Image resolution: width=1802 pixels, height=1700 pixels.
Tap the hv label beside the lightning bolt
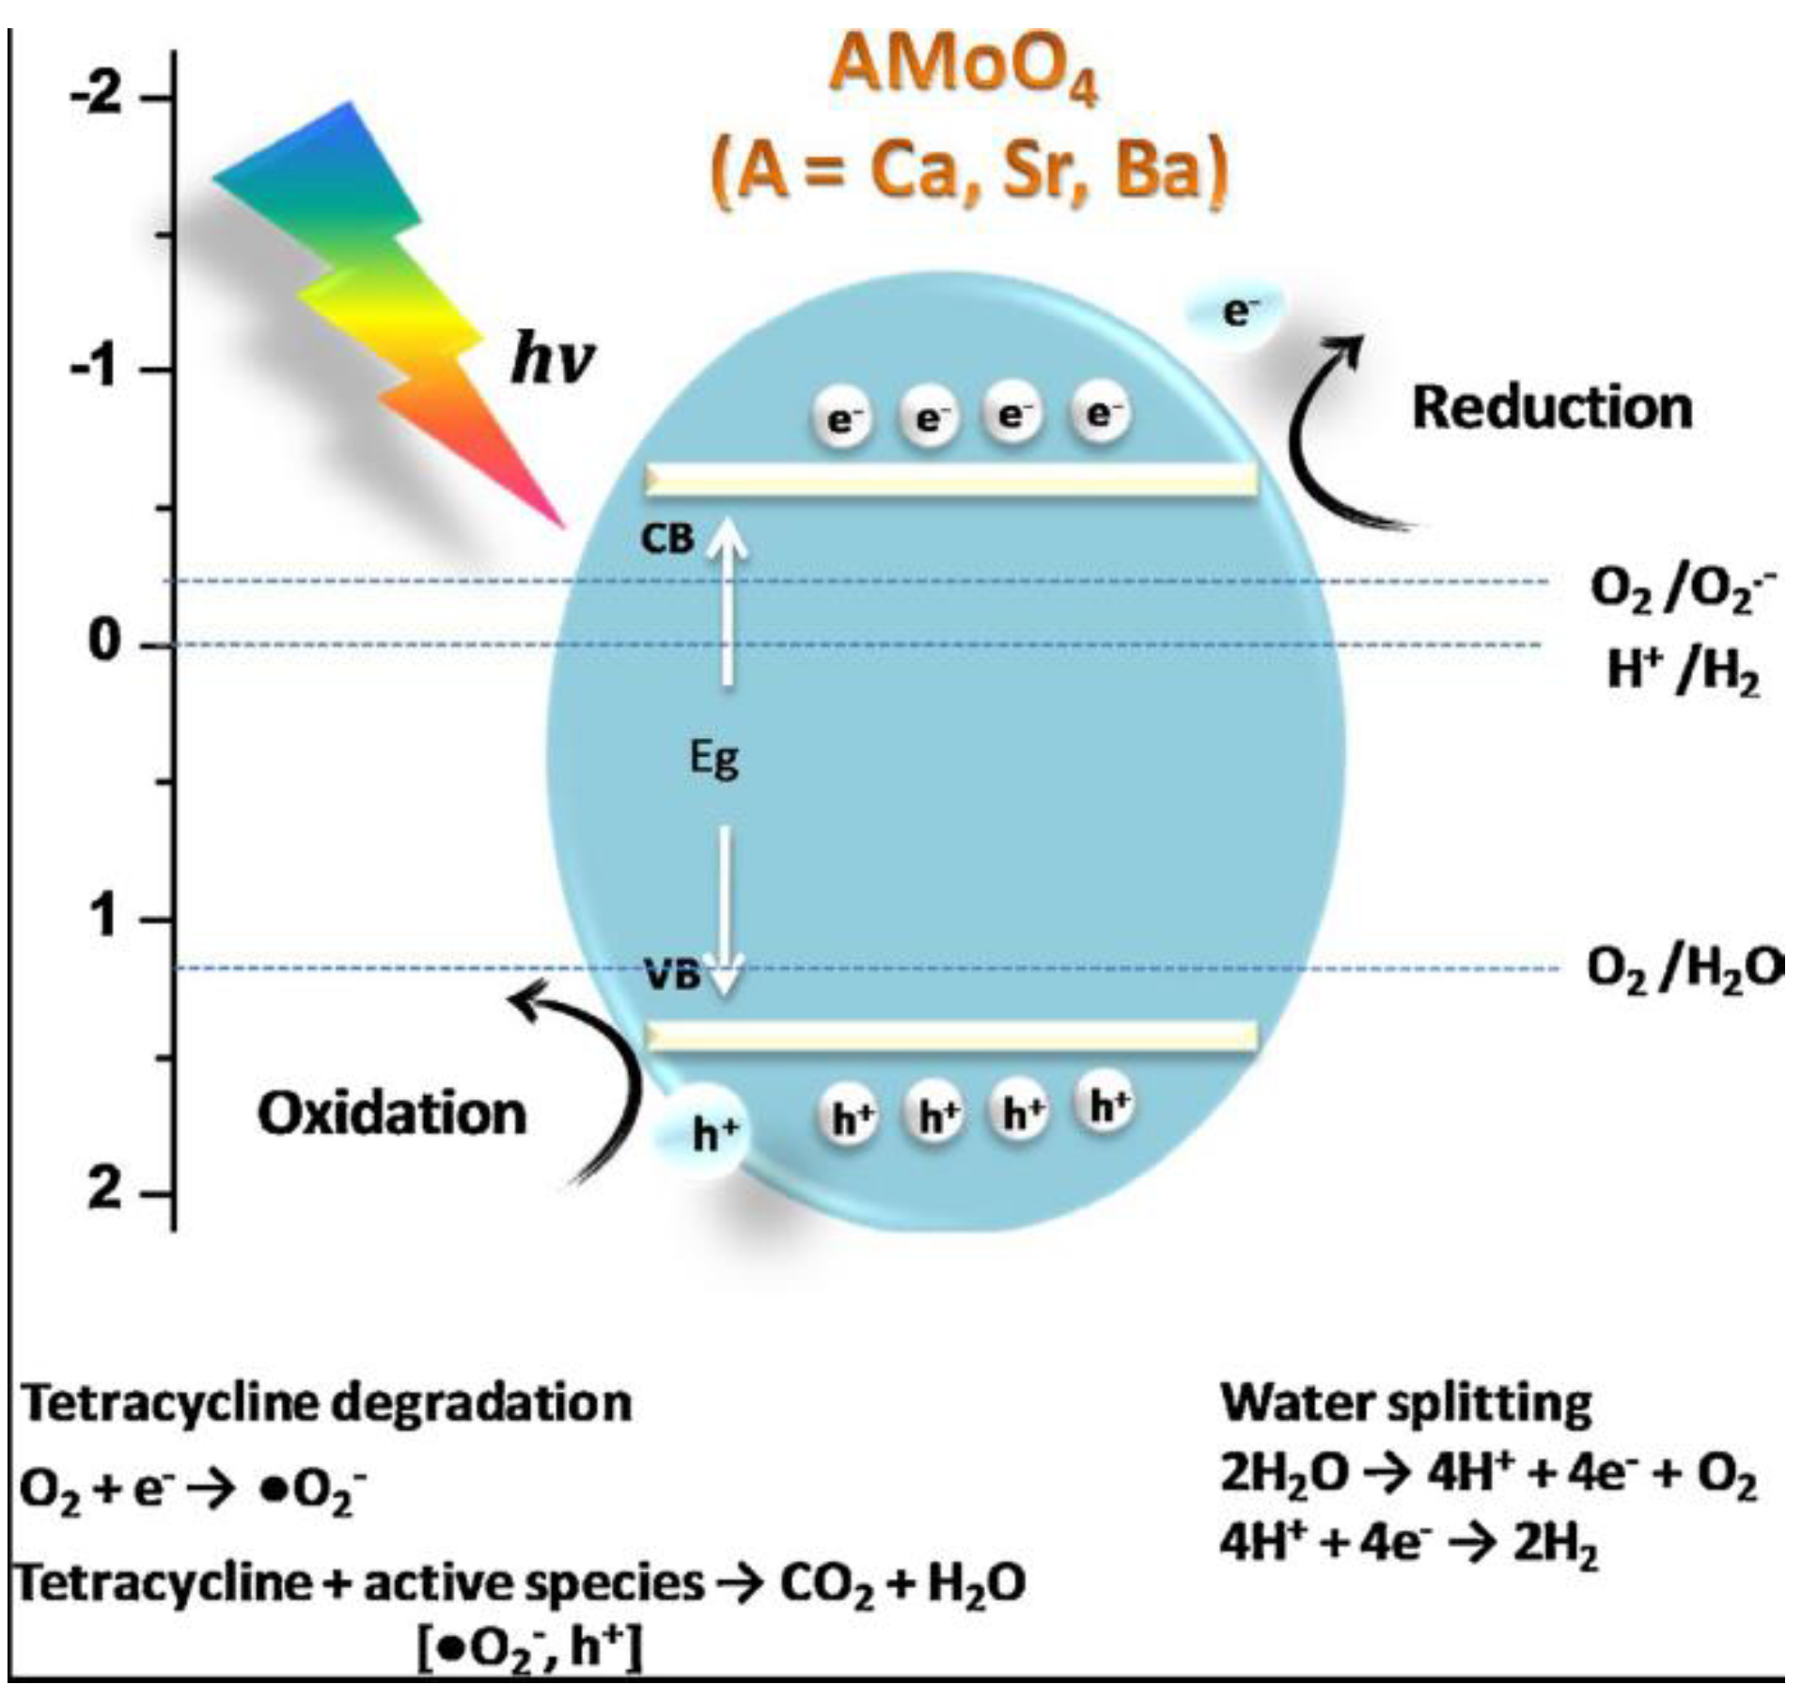(553, 359)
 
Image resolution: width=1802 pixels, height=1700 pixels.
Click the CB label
(666, 539)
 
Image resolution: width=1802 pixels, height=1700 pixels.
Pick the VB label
(673, 976)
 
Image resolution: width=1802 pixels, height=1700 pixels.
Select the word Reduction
(1551, 408)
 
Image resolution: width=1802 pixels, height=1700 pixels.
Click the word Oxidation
(392, 1114)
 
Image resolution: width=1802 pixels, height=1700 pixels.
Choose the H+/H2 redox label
(1683, 671)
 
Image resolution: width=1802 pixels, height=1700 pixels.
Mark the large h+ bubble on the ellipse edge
(711, 1133)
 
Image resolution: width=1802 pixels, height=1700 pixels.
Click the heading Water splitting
(1405, 1404)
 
